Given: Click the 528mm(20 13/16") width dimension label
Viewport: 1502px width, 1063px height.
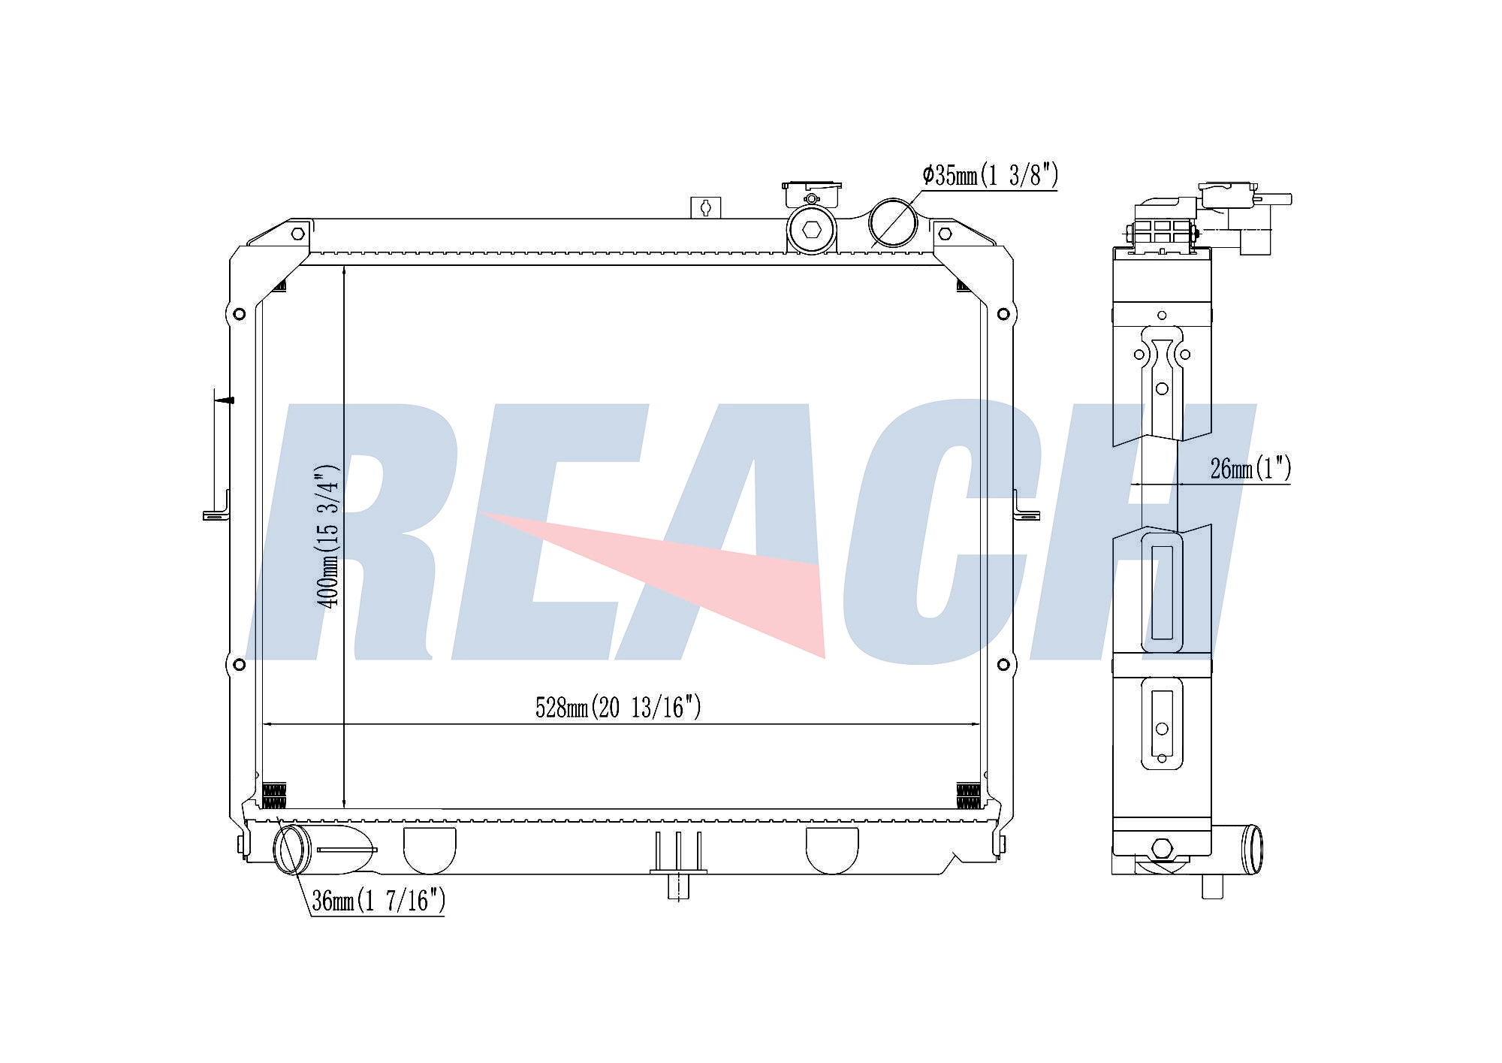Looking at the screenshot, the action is [x=617, y=707].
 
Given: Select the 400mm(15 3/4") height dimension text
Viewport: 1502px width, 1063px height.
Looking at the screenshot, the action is [x=328, y=536].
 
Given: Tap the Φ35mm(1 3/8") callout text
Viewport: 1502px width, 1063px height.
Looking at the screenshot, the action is [x=990, y=175].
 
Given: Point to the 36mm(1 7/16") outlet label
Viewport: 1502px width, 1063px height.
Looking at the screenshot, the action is [x=379, y=900].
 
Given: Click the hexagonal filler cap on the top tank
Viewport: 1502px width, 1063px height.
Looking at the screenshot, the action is [x=811, y=230].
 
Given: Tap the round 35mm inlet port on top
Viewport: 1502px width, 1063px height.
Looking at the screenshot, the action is [x=893, y=222].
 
